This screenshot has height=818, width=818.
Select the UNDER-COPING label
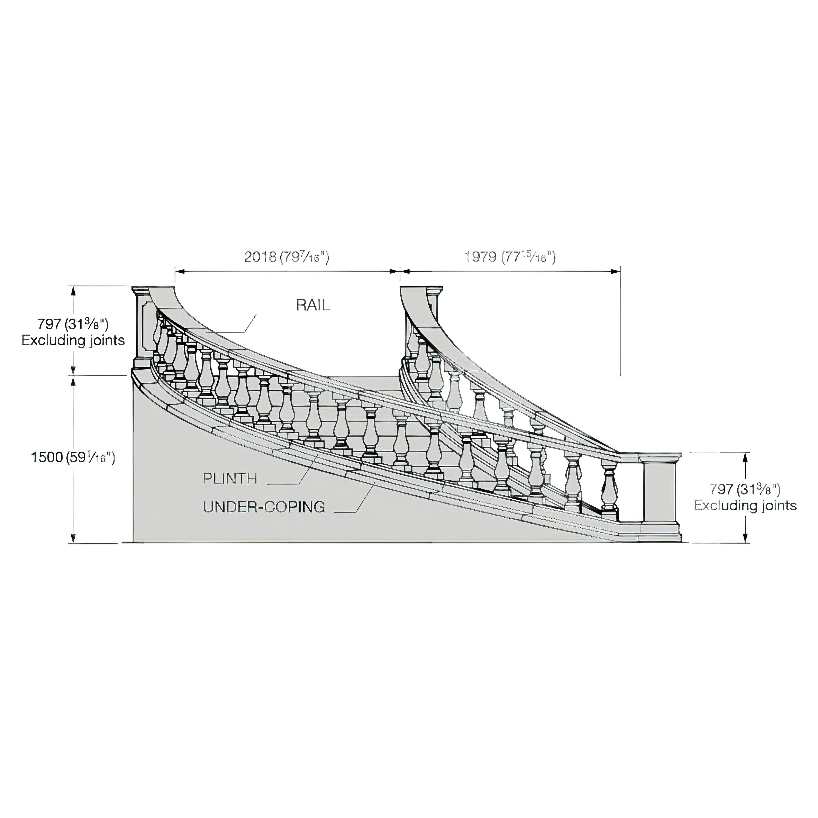click(x=264, y=507)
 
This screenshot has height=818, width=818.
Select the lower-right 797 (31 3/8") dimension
click(x=745, y=489)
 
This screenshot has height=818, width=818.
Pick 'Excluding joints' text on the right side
click(x=745, y=506)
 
